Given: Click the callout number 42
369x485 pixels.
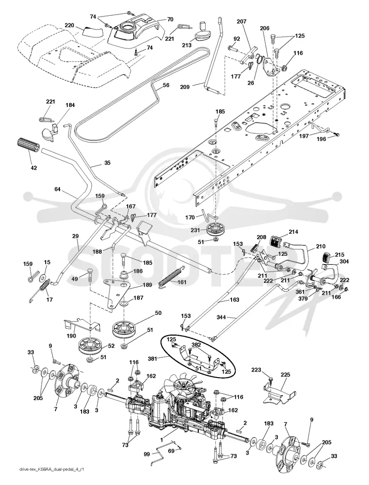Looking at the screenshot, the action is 34,168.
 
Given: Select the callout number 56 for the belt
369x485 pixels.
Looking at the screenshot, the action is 166,85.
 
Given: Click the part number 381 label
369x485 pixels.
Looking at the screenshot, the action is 161,359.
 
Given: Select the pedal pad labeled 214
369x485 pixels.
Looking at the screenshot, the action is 278,241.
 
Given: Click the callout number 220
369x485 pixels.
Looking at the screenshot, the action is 69,25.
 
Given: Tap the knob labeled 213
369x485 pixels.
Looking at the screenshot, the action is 202,33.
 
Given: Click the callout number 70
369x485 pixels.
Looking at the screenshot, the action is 170,19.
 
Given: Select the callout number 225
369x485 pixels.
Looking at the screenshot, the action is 286,375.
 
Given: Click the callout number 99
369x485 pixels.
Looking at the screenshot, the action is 147,455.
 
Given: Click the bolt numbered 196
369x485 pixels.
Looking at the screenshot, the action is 337,135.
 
